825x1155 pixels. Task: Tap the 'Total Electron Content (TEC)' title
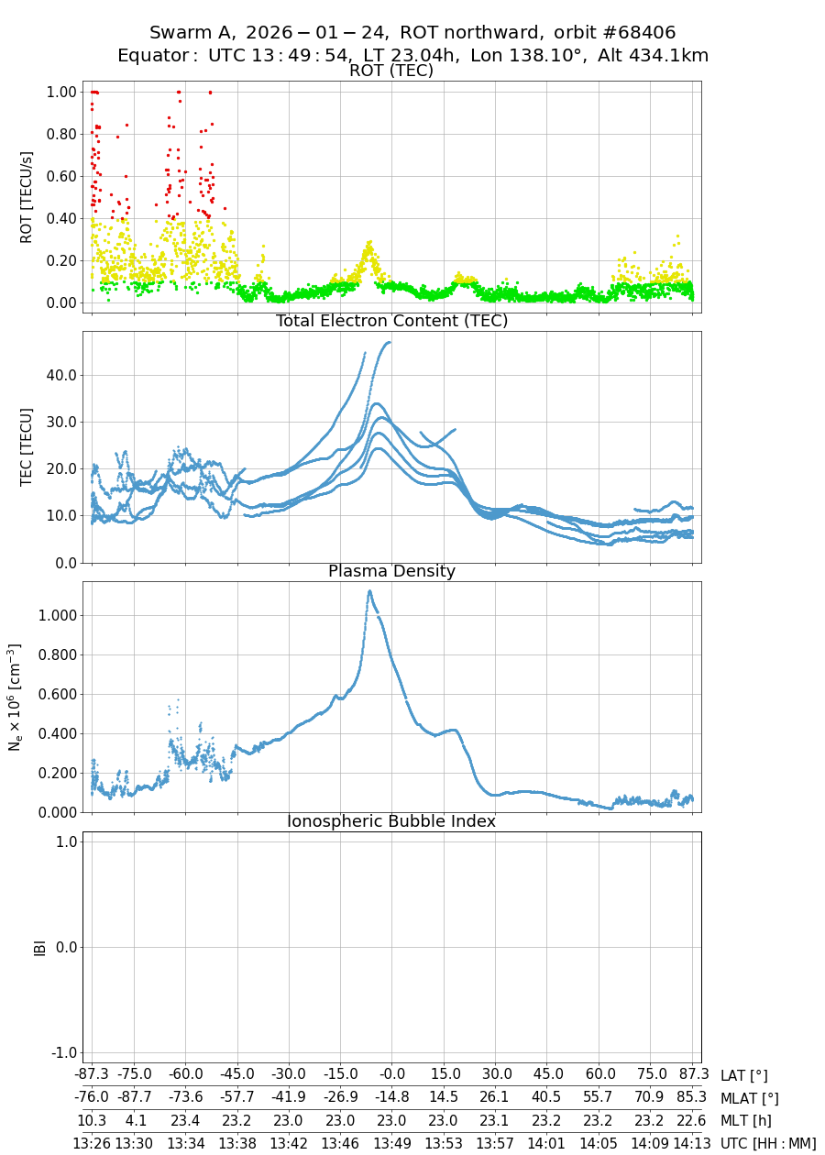pyautogui.click(x=391, y=321)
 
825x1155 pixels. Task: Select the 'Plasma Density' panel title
pyautogui.click(x=391, y=571)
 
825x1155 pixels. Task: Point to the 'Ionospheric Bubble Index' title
pyautogui.click(x=391, y=821)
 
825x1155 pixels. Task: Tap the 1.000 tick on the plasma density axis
pyautogui.click(x=53, y=615)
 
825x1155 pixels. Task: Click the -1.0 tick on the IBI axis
pyautogui.click(x=60, y=1052)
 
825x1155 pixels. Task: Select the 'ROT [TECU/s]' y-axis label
pyautogui.click(x=27, y=197)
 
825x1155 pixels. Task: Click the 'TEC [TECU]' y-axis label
pyautogui.click(x=27, y=447)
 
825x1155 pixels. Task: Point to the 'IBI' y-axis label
pyautogui.click(x=39, y=947)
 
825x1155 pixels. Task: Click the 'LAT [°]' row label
pyautogui.click(x=744, y=1075)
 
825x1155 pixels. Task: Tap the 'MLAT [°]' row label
pyautogui.click(x=750, y=1097)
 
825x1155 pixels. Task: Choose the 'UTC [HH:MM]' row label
pyautogui.click(x=768, y=1143)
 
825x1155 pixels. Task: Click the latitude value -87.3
pyautogui.click(x=91, y=1074)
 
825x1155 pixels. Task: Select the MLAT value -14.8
pyautogui.click(x=392, y=1097)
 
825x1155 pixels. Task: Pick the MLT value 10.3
pyautogui.click(x=91, y=1120)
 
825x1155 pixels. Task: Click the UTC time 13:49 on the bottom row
pyautogui.click(x=392, y=1143)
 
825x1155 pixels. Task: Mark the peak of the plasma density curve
pyautogui.click(x=369, y=591)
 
